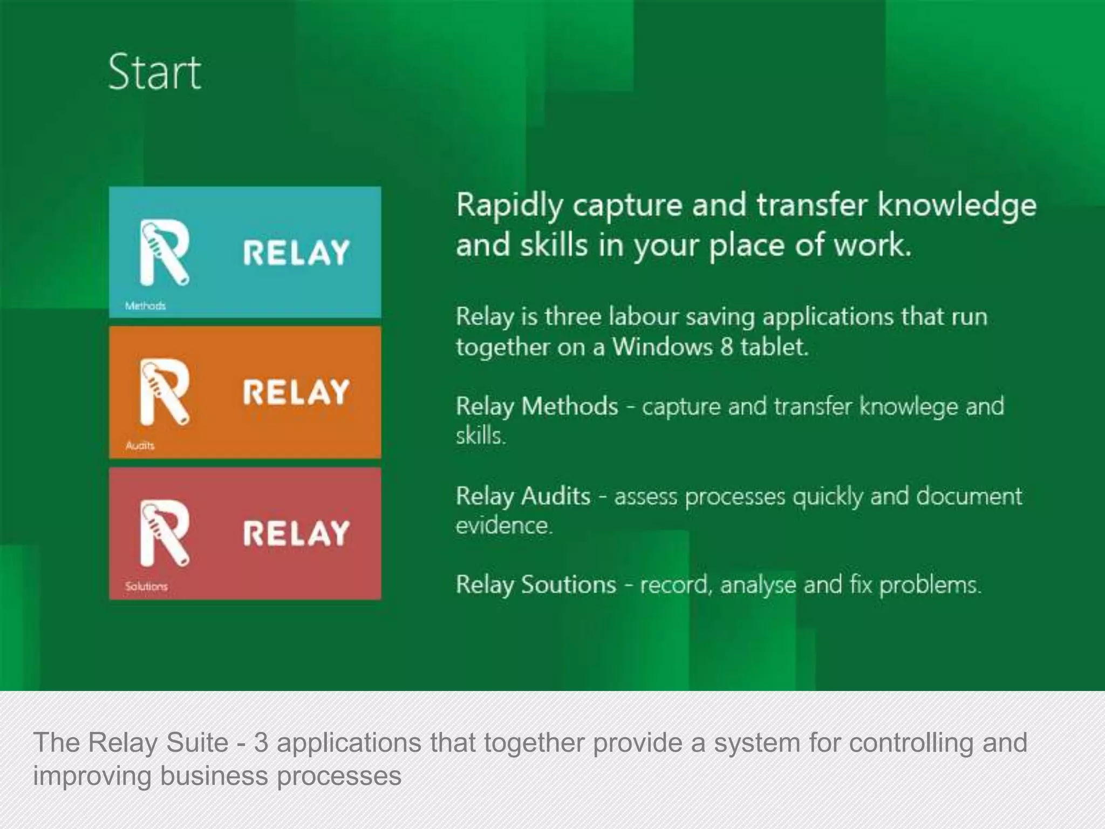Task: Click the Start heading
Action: pos(154,72)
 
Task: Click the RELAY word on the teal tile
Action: pos(296,253)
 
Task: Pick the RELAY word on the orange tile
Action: pos(296,392)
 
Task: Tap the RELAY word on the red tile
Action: pos(296,533)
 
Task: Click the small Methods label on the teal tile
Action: pos(145,306)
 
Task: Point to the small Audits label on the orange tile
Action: pos(140,446)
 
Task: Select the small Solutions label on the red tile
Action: pos(146,586)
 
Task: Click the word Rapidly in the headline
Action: pos(509,207)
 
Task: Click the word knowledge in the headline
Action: pos(957,207)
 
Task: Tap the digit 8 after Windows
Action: pos(727,346)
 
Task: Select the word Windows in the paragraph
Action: pos(662,346)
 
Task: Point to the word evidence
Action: pos(503,525)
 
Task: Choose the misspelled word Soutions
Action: pos(568,585)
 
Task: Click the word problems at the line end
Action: pos(930,585)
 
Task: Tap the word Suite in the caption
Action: pos(197,743)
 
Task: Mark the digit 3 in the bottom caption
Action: pos(261,743)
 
